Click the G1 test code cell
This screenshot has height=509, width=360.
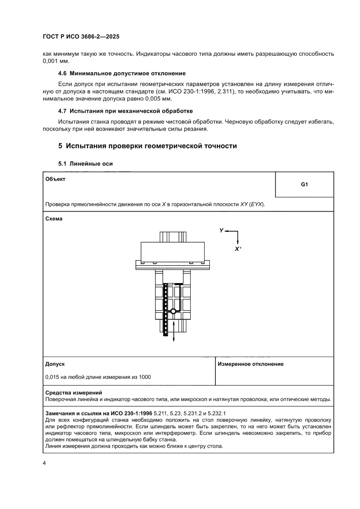pos(304,185)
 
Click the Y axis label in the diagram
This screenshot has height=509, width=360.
pos(222,230)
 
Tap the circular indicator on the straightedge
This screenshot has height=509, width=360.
pos(173,311)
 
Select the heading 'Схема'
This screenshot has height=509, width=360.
pos(54,219)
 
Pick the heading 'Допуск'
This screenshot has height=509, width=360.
pos(55,364)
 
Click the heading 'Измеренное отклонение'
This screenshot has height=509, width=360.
pos(251,364)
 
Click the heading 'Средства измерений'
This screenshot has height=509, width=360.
pos(73,393)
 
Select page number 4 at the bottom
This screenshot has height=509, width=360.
pos(44,463)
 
